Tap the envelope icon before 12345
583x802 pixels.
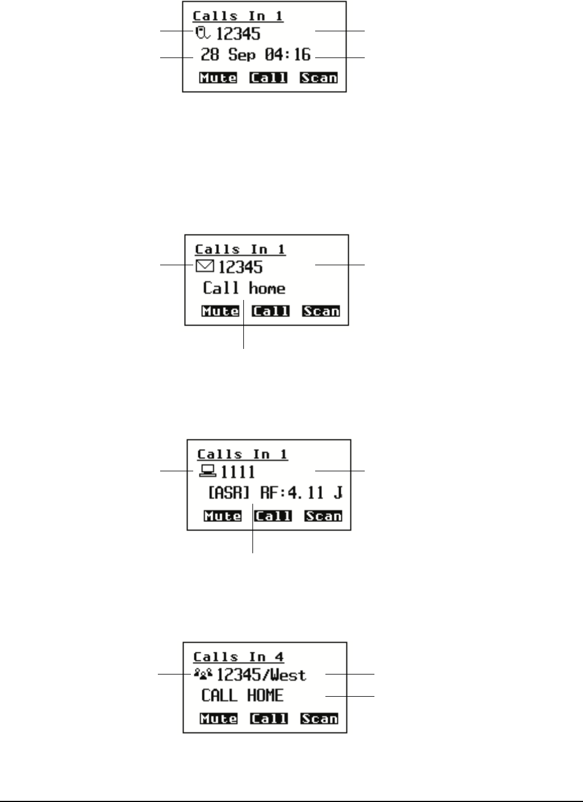[205, 266]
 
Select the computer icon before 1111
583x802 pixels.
[207, 471]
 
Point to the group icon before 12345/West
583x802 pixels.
[203, 673]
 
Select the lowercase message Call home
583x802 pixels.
[244, 288]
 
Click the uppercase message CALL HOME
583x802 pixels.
[242, 696]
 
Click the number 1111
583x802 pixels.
[238, 472]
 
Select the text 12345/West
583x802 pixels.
[262, 675]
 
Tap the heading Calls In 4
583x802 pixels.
[238, 657]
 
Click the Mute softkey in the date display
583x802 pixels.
[218, 78]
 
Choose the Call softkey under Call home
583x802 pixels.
[271, 311]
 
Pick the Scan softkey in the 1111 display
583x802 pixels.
[323, 516]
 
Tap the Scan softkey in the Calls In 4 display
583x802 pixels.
[319, 719]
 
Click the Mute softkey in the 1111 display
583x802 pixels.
[222, 516]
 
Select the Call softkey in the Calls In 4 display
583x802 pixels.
[268, 719]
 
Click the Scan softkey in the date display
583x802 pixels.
[319, 78]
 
